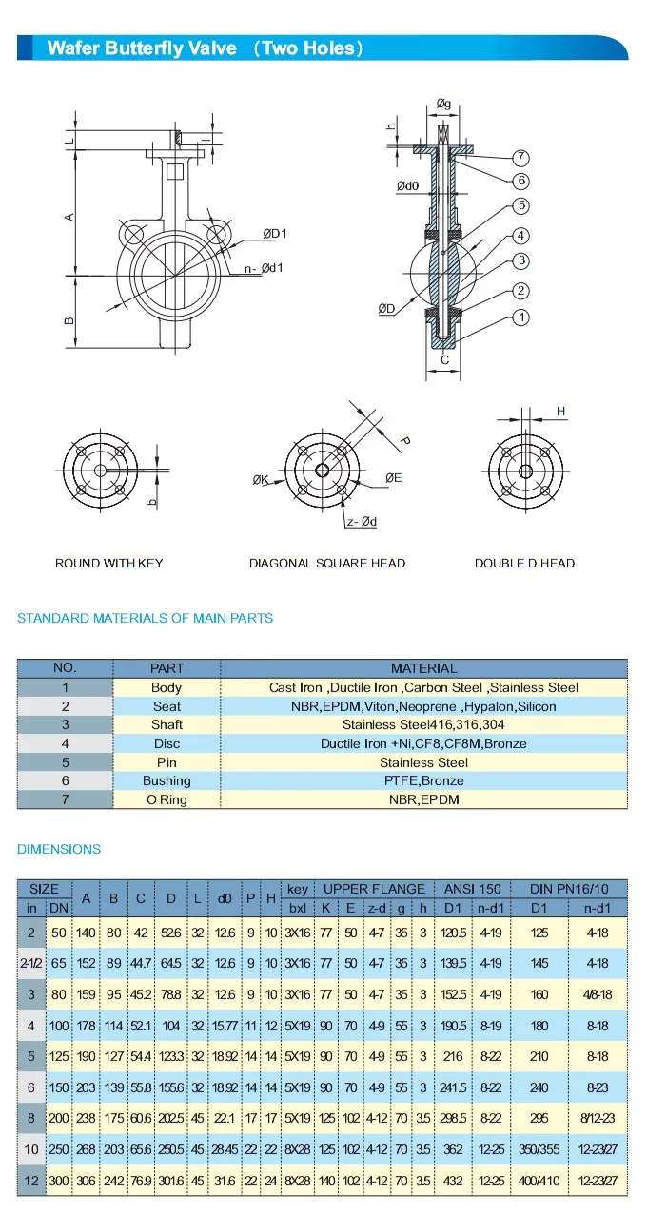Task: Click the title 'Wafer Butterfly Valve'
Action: (142, 48)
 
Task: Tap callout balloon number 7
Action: (520, 158)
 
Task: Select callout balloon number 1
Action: (520, 317)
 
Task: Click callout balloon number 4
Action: (520, 236)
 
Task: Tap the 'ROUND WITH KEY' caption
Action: (109, 564)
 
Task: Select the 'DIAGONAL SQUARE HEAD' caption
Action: (327, 564)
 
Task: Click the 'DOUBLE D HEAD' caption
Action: (524, 564)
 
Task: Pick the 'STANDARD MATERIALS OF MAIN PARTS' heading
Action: (146, 619)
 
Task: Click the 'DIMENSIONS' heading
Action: (59, 849)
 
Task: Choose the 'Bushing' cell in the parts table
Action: (167, 781)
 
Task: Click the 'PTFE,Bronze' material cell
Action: (423, 781)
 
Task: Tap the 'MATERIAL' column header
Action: (423, 668)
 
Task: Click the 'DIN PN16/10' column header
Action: (568, 890)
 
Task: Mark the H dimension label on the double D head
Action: (561, 412)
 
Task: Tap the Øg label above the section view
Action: (443, 104)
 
